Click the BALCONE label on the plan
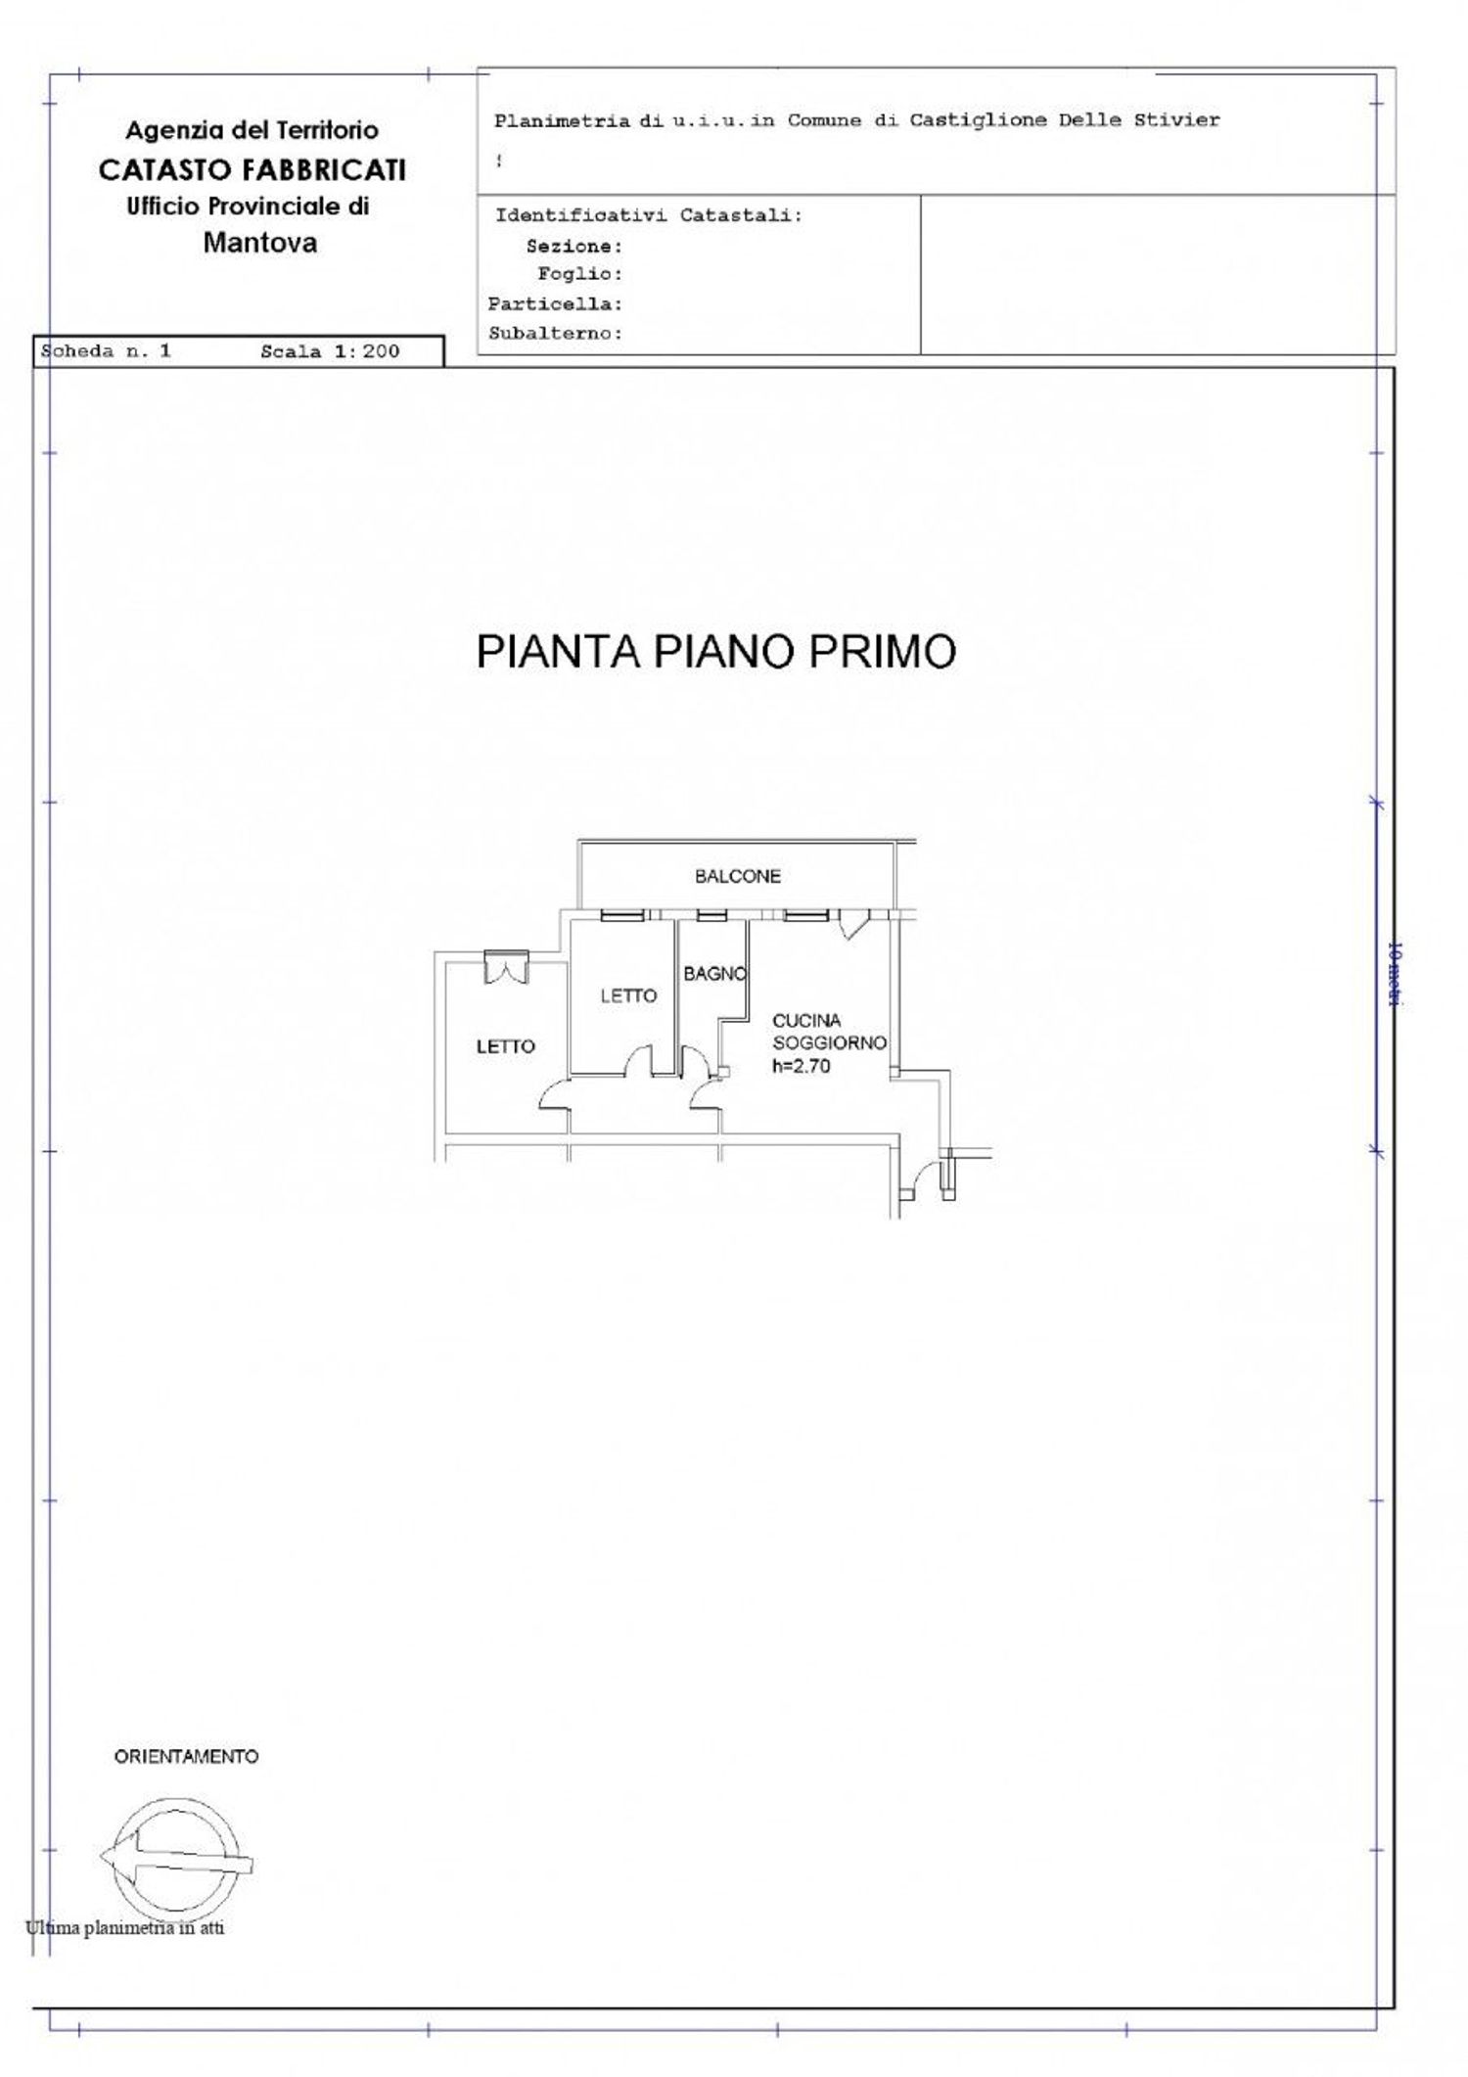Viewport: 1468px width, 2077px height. click(738, 876)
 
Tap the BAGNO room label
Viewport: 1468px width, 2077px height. click(714, 974)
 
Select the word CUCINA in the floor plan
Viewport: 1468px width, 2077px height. click(806, 1021)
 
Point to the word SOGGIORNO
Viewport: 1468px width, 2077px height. click(829, 1043)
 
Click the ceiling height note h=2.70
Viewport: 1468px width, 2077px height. click(801, 1067)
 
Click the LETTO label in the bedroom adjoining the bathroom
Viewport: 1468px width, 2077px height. click(628, 996)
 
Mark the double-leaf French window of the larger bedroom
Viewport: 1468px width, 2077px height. click(506, 966)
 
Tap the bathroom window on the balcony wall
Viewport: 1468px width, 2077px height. click(711, 916)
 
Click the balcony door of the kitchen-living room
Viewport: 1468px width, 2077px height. click(852, 922)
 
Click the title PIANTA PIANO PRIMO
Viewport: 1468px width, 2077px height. click(715, 653)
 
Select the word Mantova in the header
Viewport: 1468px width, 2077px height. click(259, 244)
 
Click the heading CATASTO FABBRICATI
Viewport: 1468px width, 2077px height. click(252, 170)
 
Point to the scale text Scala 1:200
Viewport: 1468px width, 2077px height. click(330, 352)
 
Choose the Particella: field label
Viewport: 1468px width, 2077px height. click(555, 304)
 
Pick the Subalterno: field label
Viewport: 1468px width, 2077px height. click(555, 334)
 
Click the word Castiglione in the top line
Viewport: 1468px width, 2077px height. click(963, 121)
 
